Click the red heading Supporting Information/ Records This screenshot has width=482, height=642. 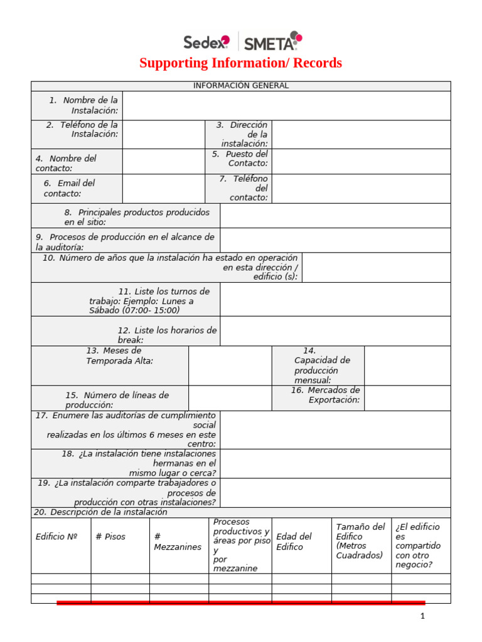pos(240,63)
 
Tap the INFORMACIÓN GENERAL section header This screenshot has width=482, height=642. pos(240,86)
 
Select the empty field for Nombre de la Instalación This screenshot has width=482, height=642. pos(286,105)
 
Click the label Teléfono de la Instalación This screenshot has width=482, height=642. pos(82,129)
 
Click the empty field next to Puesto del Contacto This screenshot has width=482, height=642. pos(361,161)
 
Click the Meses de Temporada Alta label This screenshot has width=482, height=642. pos(119,355)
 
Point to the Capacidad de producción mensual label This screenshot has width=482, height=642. pos(322,366)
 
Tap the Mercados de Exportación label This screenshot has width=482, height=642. pos(326,395)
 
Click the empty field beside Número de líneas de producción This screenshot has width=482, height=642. pos(230,398)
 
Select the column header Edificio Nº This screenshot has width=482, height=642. pos(56,537)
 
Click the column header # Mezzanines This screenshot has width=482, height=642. pos(178,542)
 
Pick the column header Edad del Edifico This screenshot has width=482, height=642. pos(294,542)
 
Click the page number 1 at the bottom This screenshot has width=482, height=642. pos(422,616)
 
